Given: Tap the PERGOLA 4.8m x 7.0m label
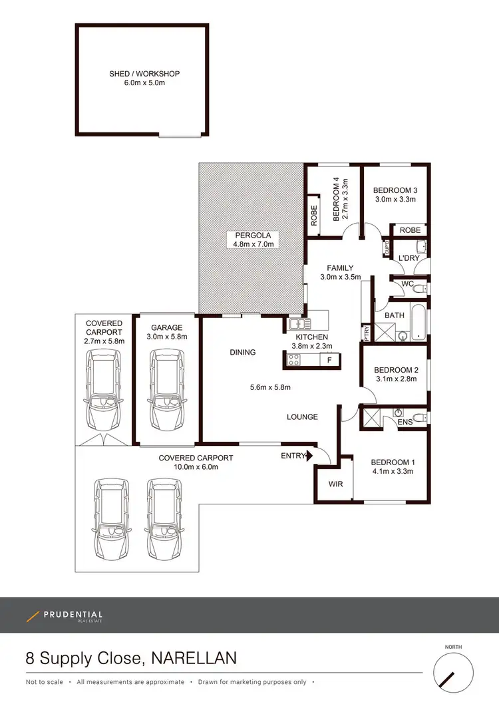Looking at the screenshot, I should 252,240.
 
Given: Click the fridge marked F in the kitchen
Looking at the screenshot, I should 328,360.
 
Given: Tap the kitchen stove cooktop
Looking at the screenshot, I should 293,360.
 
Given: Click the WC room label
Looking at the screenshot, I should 408,284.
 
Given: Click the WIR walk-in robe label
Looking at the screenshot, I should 336,484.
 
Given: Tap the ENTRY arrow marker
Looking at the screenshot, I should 307,456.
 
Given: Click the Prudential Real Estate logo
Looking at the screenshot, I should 65,616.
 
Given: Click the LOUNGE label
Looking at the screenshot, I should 302,417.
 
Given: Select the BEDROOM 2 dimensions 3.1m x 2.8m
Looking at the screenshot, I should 395,380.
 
